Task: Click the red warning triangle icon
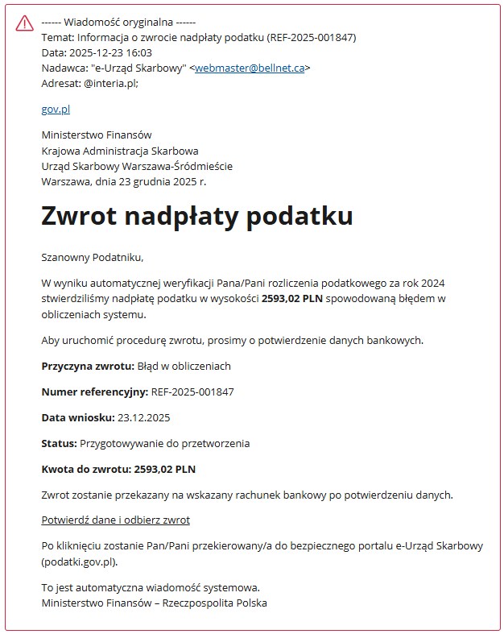click(24, 23)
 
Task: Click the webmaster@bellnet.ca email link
click(249, 68)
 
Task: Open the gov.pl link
click(56, 109)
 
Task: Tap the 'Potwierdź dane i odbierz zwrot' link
click(115, 520)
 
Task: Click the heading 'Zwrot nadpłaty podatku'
click(197, 216)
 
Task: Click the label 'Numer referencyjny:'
click(94, 392)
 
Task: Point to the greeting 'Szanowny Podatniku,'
click(92, 258)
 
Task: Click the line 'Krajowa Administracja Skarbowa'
click(119, 151)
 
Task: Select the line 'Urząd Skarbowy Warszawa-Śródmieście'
click(137, 166)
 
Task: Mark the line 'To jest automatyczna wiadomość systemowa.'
click(151, 587)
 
